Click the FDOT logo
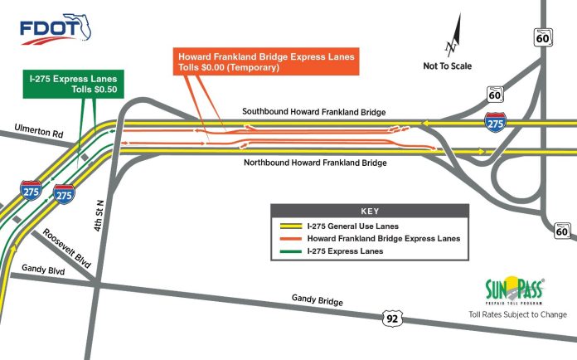pyautogui.click(x=56, y=29)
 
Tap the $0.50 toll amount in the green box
pyautogui.click(x=105, y=90)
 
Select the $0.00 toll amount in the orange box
pyautogui.click(x=213, y=67)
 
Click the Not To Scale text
pyautogui.click(x=447, y=66)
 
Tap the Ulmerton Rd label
pyautogui.click(x=39, y=131)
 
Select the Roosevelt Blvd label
pyautogui.click(x=66, y=249)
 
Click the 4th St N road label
pyautogui.click(x=99, y=216)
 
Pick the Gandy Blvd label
pyautogui.click(x=43, y=270)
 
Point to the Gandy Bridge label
pyautogui.click(x=318, y=300)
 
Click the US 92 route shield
pyautogui.click(x=392, y=318)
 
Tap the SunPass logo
pyautogui.click(x=515, y=290)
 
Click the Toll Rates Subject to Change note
pyautogui.click(x=518, y=314)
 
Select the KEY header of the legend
pyautogui.click(x=370, y=212)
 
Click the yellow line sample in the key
pyautogui.click(x=291, y=226)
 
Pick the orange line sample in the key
pyautogui.click(x=291, y=239)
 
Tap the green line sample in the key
pyautogui.click(x=291, y=252)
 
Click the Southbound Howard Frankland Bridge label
pyautogui.click(x=314, y=112)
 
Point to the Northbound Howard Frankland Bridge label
pyautogui.click(x=315, y=163)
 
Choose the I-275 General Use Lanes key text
pyautogui.click(x=353, y=226)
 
